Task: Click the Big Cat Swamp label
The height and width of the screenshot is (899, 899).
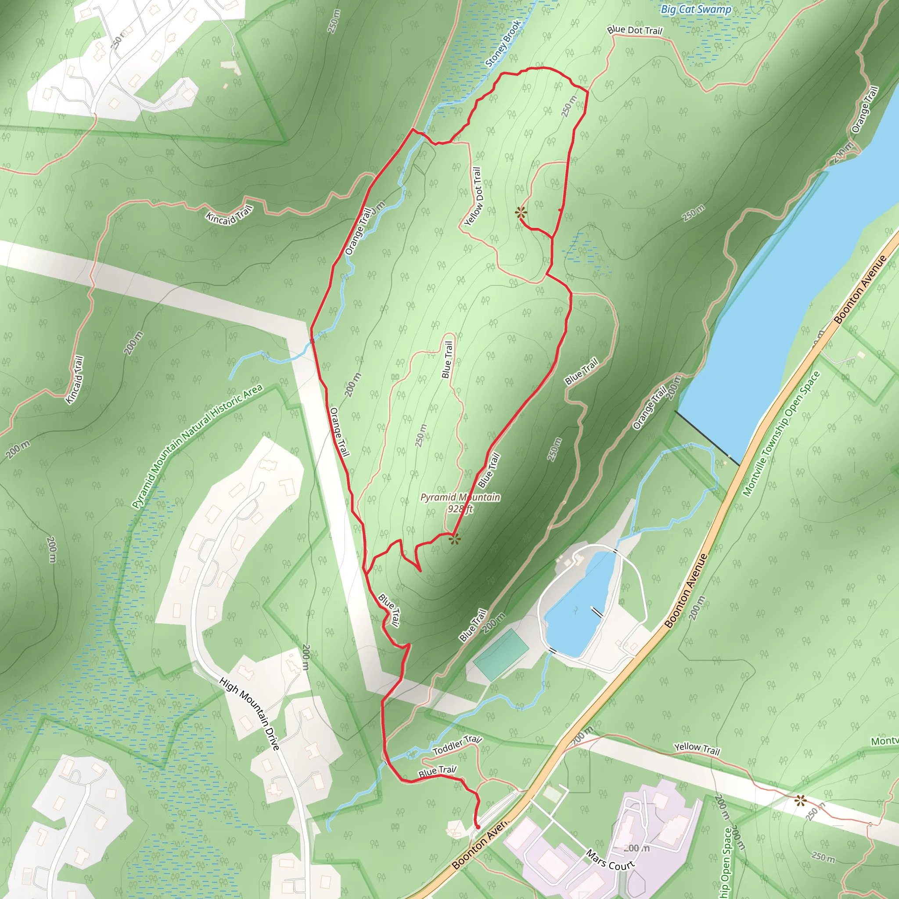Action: coord(696,9)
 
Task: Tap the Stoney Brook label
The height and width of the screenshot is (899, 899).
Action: coord(503,44)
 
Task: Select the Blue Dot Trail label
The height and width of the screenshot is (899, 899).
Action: coord(634,30)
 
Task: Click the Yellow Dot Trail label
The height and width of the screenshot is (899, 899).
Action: coord(473,197)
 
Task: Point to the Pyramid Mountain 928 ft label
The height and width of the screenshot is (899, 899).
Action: coord(460,503)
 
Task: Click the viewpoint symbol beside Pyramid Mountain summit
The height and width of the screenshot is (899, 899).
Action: coord(455,539)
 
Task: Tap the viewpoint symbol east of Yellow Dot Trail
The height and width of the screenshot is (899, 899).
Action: coord(521,213)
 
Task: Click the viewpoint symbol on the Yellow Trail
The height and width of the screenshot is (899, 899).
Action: coord(800,801)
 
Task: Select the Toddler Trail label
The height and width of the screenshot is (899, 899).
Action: coord(457,745)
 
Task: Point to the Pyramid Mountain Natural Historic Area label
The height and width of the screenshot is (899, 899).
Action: coord(197,446)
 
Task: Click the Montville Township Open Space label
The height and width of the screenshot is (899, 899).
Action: coord(781,434)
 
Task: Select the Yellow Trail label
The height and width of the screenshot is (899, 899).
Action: coord(697,749)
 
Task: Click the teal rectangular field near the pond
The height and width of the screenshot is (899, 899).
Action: coord(501,654)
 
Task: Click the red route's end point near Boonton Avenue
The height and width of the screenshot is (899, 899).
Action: coord(478,827)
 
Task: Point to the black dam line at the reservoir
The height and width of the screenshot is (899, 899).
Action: coord(707,438)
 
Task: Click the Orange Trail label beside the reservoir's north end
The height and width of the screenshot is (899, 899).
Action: coord(865,109)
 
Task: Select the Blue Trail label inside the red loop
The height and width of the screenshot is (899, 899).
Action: coord(447,359)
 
